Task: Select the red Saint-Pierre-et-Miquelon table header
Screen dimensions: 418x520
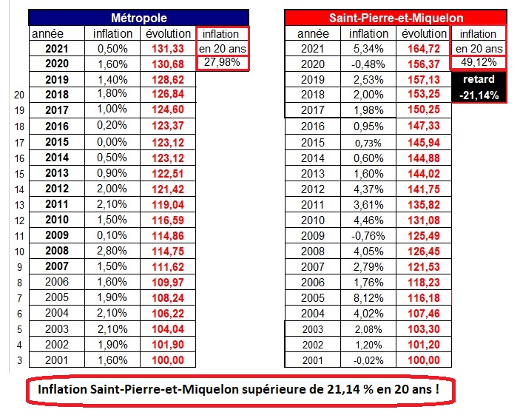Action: pos(396,17)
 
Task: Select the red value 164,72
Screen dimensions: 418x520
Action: pos(425,49)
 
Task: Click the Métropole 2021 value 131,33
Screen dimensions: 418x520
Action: pos(168,49)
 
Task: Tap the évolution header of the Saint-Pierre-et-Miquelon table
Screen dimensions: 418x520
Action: pos(425,33)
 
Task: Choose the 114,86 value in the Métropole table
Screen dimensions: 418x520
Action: pos(168,235)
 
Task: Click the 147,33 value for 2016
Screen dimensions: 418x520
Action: pos(425,127)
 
